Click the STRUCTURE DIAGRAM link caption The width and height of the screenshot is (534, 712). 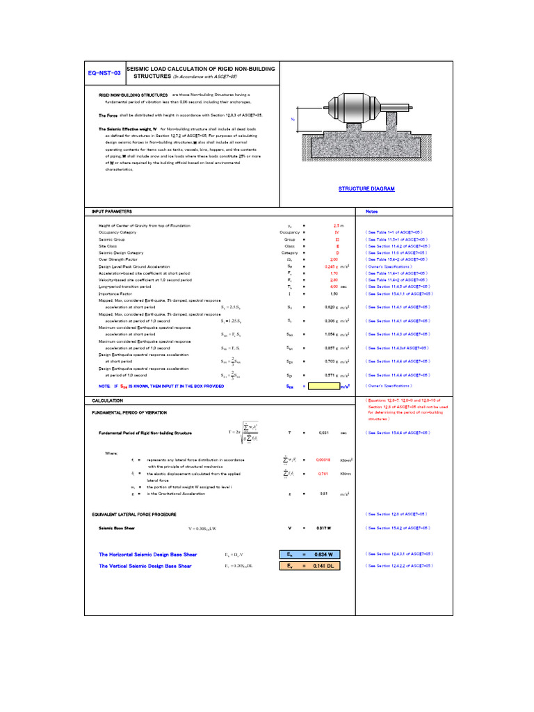(366, 188)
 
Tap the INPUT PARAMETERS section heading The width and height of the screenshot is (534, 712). (112, 211)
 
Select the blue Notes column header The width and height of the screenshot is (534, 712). (371, 211)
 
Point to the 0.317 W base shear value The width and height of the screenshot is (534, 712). (323, 528)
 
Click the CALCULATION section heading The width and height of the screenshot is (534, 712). (107, 400)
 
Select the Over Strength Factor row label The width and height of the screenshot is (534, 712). (120, 259)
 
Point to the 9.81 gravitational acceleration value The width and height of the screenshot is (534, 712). (323, 494)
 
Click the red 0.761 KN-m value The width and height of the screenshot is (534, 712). (323, 474)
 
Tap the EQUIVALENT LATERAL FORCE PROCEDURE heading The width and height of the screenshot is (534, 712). (134, 515)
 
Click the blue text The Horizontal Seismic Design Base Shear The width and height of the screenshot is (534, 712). (148, 554)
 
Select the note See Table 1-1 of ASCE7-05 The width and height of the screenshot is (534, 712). (393, 232)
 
